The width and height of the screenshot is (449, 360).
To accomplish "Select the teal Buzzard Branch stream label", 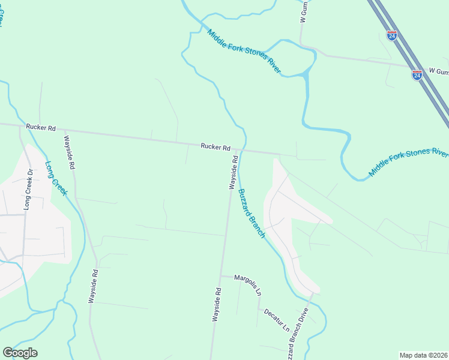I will (x=251, y=214).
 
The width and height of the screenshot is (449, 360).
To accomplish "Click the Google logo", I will (x=20, y=353).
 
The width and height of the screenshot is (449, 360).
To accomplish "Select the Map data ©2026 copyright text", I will (x=423, y=355).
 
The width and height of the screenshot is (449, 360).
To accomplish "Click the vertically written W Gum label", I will (x=304, y=12).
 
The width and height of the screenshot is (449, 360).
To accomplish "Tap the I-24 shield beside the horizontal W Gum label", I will (x=417, y=75).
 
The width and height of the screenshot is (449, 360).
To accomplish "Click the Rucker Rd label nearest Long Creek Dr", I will (x=41, y=128).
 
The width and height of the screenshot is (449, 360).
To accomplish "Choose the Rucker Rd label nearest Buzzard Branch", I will (x=215, y=147).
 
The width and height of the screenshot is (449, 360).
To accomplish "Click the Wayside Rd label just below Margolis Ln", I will (x=216, y=305).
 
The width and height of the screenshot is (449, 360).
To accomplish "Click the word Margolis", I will (x=244, y=281).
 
